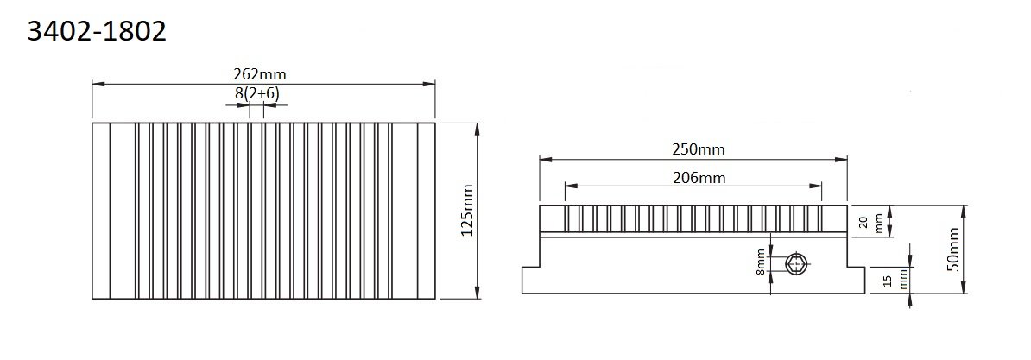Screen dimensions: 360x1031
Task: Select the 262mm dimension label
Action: click(x=263, y=74)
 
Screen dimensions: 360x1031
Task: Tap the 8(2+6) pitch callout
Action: click(x=256, y=92)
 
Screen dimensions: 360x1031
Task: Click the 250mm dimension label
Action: click(x=698, y=148)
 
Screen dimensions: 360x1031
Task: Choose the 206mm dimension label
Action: click(x=698, y=178)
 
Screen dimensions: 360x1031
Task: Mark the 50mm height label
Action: click(x=952, y=249)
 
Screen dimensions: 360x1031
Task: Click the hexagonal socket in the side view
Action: click(x=796, y=264)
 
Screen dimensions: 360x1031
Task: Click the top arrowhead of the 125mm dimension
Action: click(x=477, y=127)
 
